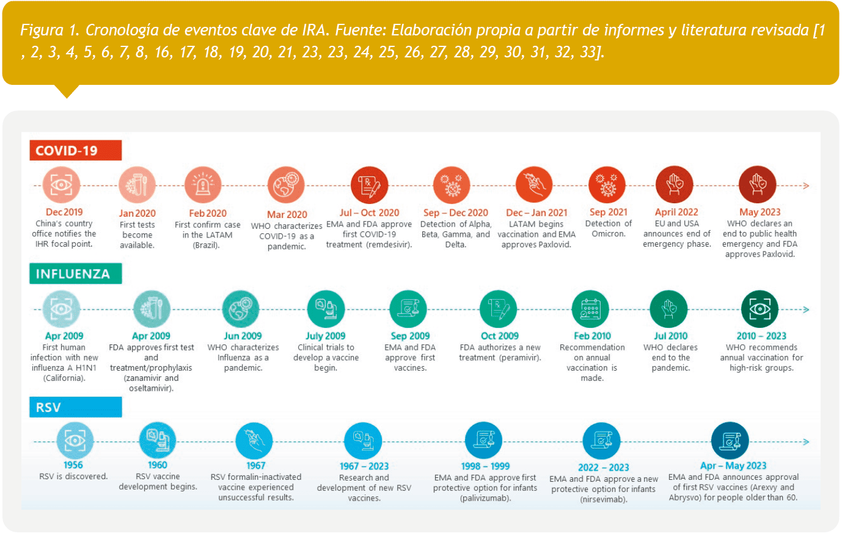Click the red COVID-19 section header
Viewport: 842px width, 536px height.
pos(75,151)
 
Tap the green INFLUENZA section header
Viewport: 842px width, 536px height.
pos(75,274)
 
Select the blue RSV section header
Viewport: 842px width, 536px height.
pos(75,407)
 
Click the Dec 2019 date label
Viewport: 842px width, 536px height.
pos(64,212)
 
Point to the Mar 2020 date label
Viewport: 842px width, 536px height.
pos(287,214)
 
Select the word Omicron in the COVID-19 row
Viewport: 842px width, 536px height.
pos(608,234)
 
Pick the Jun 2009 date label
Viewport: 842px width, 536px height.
pos(243,336)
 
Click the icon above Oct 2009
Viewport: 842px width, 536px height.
pos(499,309)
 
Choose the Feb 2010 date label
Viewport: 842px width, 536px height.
pos(591,336)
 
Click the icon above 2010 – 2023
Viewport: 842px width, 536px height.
pos(760,309)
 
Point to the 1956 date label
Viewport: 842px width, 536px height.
pos(73,465)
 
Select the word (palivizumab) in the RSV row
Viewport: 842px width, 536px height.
pos(485,498)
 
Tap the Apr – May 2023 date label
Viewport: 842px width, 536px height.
pos(733,466)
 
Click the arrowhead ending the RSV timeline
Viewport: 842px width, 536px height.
pos(807,441)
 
